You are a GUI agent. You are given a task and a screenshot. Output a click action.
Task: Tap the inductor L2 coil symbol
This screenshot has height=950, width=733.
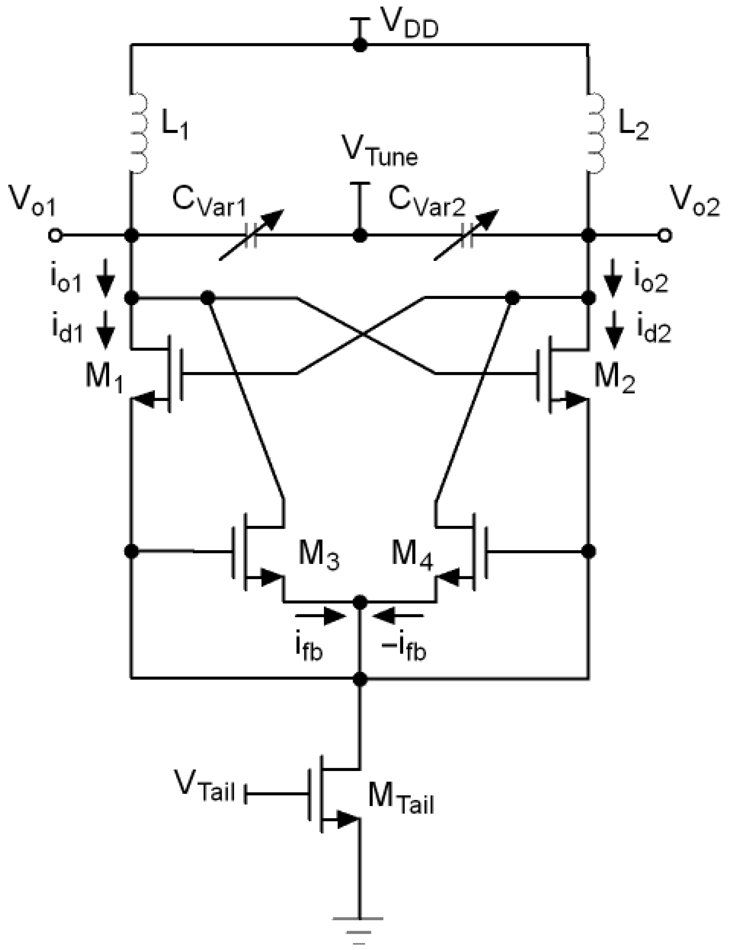596,132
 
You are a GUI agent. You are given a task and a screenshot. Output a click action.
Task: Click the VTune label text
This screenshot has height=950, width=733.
380,152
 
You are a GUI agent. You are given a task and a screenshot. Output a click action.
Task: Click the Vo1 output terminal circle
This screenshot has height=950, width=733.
55,236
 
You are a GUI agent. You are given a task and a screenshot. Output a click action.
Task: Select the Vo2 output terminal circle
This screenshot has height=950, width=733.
665,236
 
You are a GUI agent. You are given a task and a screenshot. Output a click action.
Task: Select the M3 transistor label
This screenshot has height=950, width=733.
318,556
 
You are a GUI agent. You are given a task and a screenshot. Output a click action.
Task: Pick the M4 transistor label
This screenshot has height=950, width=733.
412,556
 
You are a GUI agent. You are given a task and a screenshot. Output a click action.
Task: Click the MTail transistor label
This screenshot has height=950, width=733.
401,800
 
